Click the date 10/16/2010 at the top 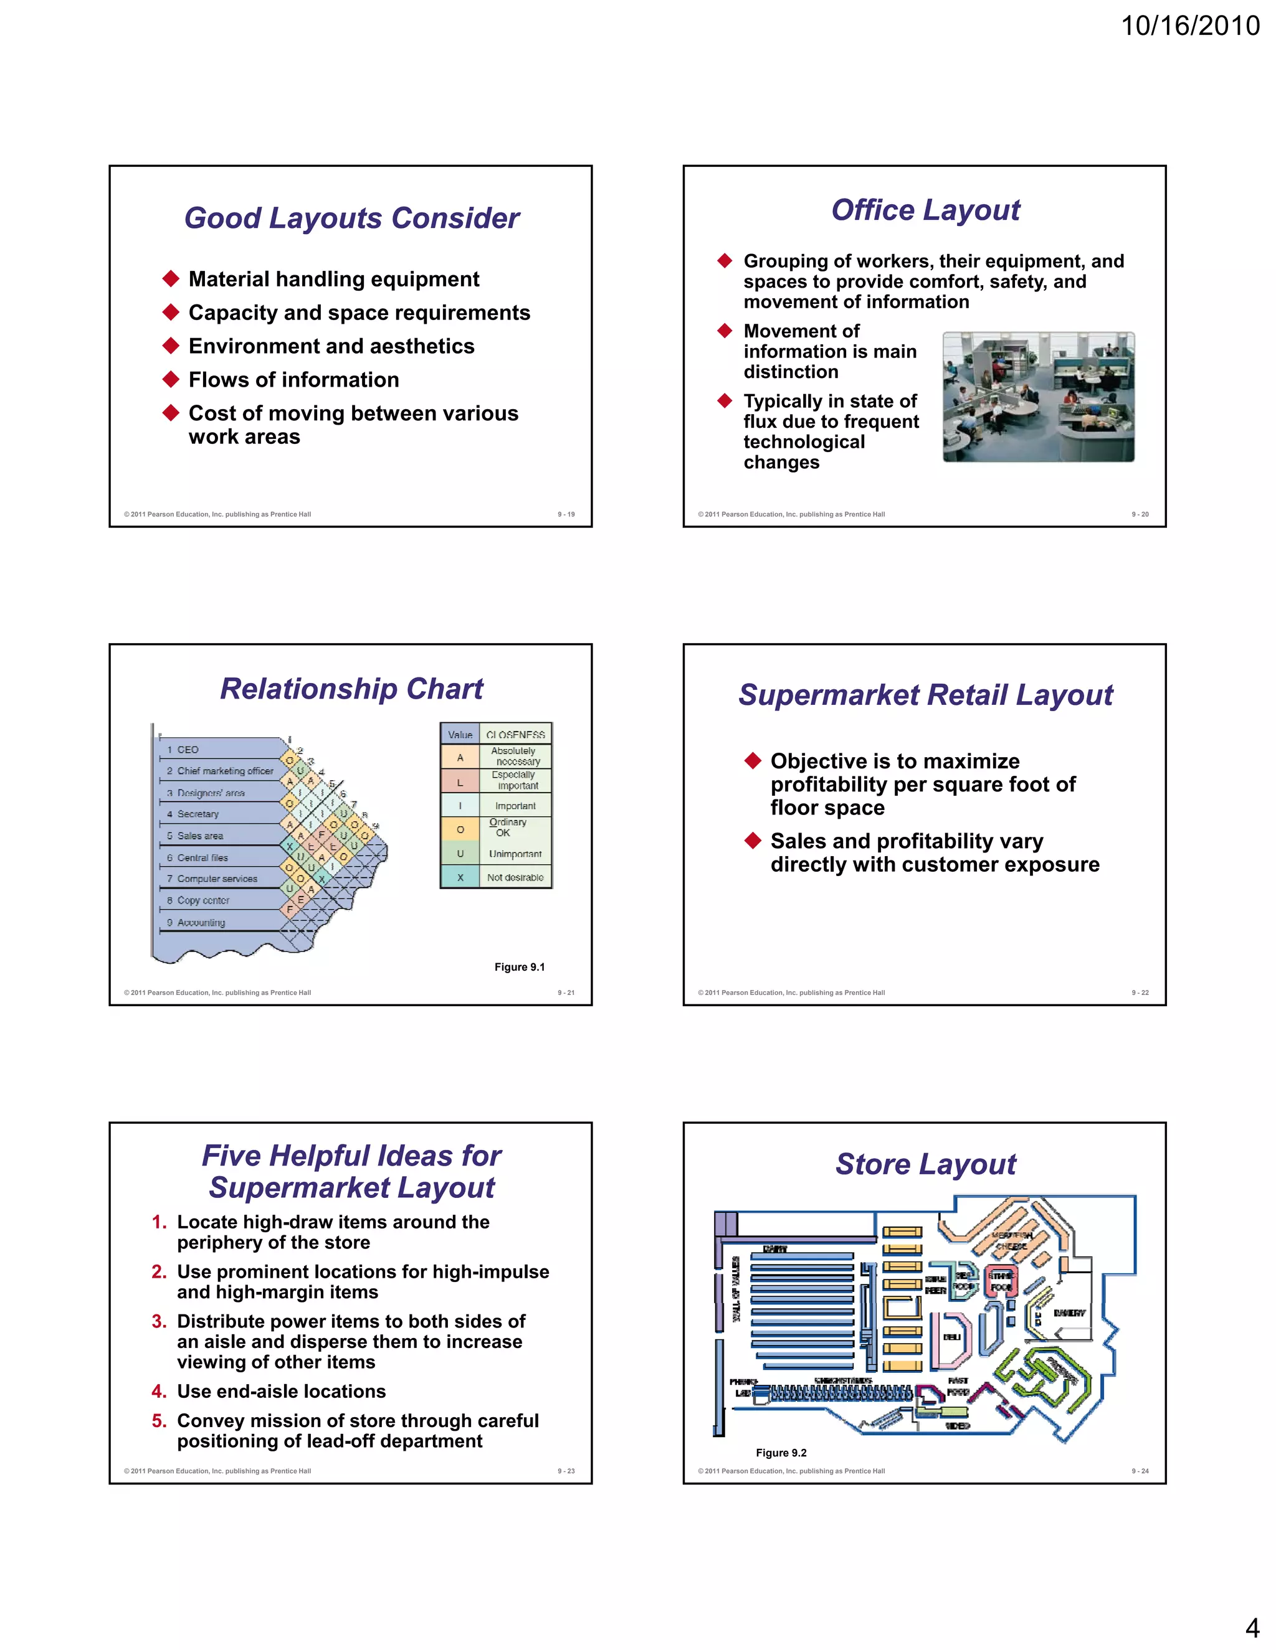click(x=1190, y=26)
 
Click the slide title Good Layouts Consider click(x=351, y=219)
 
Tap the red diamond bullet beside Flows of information click(x=171, y=379)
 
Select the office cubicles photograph click(x=1038, y=397)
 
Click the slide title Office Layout click(x=925, y=210)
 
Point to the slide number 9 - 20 click(x=1139, y=514)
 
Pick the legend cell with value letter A click(x=460, y=757)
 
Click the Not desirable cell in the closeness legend click(x=515, y=877)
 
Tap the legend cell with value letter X click(x=460, y=877)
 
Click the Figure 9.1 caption click(x=520, y=967)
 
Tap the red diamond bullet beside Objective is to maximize click(x=752, y=760)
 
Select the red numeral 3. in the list click(x=159, y=1321)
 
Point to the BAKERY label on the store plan click(x=1069, y=1313)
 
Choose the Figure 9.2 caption click(x=781, y=1453)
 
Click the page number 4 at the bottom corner click(x=1252, y=1628)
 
